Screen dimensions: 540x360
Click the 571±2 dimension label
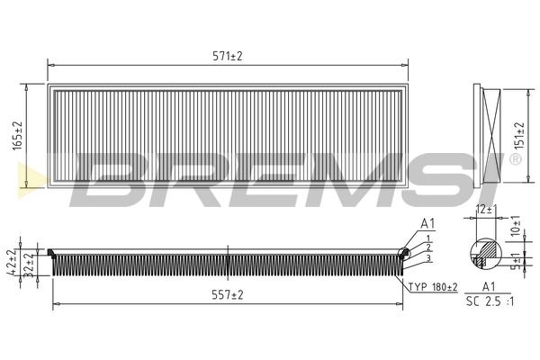click(228, 56)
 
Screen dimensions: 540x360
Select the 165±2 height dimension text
click(17, 135)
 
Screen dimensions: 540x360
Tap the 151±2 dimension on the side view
click(518, 135)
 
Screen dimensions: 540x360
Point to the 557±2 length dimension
click(228, 295)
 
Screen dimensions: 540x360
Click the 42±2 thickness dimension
click(13, 262)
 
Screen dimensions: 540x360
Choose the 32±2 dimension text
click(31, 265)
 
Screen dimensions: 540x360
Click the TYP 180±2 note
click(433, 286)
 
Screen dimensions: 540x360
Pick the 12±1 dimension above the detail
click(486, 209)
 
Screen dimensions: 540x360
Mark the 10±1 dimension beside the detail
click(516, 226)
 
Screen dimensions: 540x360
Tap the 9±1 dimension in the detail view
click(516, 261)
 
